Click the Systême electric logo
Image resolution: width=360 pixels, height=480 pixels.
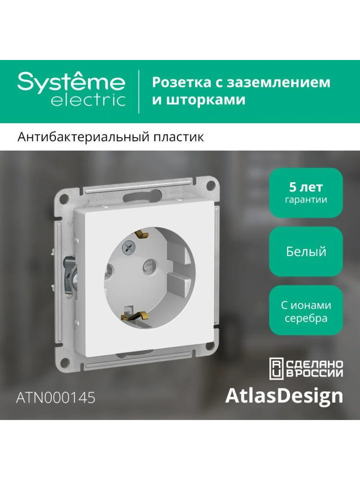click(71, 90)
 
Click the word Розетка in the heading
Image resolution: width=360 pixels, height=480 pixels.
click(182, 82)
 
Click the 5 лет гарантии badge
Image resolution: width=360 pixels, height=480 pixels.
click(306, 192)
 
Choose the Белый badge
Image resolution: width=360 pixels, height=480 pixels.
click(306, 252)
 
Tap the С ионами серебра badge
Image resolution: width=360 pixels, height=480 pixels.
click(306, 310)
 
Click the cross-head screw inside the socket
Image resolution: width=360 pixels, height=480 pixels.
click(129, 247)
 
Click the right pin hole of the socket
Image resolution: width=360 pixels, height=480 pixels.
click(148, 266)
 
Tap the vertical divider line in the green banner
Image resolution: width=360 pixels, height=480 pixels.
click(139, 92)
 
